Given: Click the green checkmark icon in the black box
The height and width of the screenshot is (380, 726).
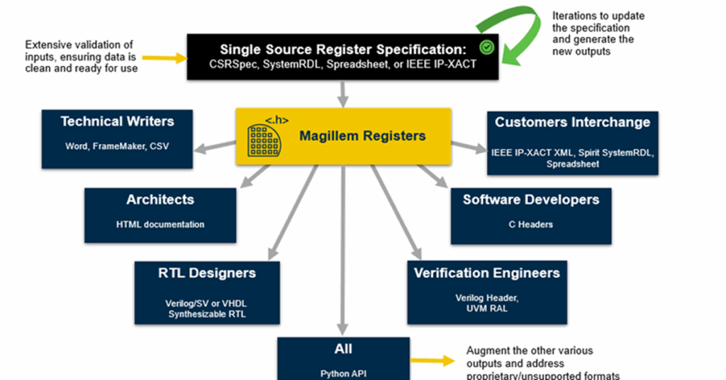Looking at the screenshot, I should [486, 47].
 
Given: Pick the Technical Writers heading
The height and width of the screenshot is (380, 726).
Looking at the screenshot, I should [117, 121].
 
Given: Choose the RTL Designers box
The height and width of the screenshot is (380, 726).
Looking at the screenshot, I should [207, 291].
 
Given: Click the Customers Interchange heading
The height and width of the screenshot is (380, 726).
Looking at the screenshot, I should [572, 122].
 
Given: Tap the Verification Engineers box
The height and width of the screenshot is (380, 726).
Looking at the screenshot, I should [486, 291].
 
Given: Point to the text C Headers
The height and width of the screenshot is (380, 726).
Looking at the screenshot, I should [530, 224].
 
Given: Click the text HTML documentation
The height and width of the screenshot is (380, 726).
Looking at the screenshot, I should [160, 224].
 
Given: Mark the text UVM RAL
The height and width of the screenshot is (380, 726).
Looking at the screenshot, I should [486, 308].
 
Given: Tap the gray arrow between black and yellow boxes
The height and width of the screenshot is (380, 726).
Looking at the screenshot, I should [343, 92].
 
